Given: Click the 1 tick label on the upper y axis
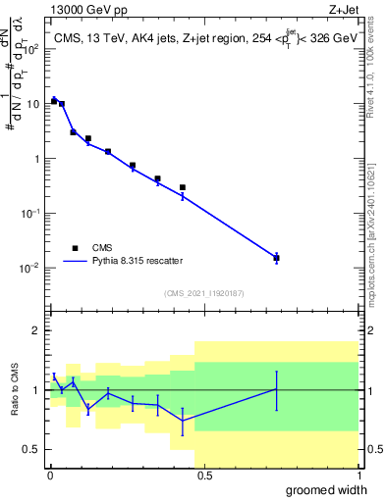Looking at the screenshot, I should point(35,158).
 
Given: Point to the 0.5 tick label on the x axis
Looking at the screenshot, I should point(203,475).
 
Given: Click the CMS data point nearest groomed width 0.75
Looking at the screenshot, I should point(277,258).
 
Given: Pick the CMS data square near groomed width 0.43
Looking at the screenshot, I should point(183,187).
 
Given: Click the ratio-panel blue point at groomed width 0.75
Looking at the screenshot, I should point(277,389).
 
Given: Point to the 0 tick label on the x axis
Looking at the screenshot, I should point(49,475).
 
